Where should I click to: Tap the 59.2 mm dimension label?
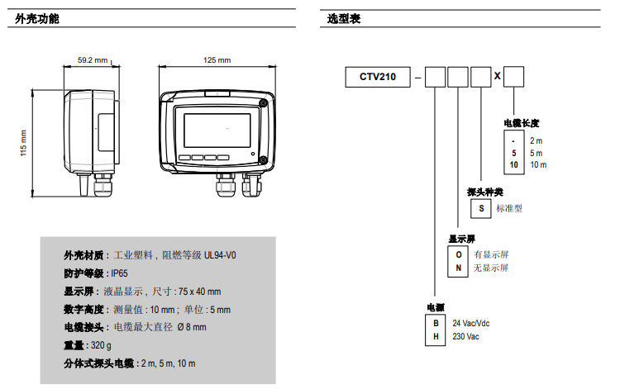click(93, 60)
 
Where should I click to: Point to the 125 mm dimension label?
click(217, 60)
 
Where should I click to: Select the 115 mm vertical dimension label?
click(24, 142)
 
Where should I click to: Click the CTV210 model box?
click(377, 77)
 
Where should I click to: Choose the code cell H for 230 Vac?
click(436, 336)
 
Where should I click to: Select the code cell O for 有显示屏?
click(458, 254)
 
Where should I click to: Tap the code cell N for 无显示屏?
click(458, 268)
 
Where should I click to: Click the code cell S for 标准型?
click(480, 209)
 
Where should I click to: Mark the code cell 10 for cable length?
click(514, 165)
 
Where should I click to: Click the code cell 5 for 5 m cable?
click(514, 153)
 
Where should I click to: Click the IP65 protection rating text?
click(120, 273)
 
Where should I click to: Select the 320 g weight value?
click(101, 345)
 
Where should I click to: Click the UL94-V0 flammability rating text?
click(219, 255)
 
